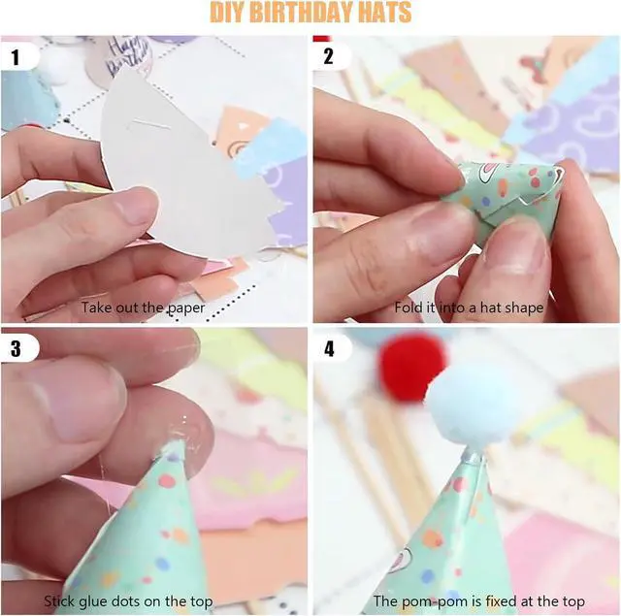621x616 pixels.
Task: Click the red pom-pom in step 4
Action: click(x=409, y=366)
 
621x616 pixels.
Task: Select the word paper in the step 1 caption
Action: click(x=185, y=308)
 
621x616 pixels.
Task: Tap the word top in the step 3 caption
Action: click(x=202, y=602)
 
